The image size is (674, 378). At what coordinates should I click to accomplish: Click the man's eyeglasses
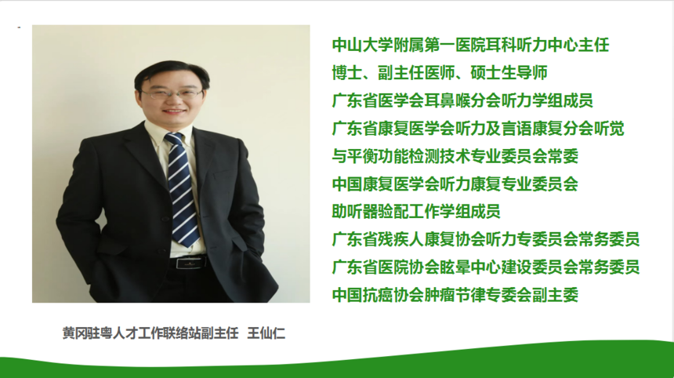click(x=171, y=93)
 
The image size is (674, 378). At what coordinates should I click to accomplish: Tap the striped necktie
click(x=182, y=189)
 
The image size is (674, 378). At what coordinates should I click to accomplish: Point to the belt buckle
click(x=189, y=263)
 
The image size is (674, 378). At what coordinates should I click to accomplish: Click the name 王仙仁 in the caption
click(x=266, y=333)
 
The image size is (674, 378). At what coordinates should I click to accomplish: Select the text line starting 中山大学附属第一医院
click(x=471, y=45)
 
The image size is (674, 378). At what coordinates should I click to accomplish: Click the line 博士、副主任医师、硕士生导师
click(x=440, y=73)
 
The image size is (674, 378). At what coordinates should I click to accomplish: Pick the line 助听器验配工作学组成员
click(x=416, y=212)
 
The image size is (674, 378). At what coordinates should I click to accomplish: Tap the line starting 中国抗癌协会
click(x=455, y=295)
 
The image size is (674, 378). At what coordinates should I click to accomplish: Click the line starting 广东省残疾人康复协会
click(x=486, y=239)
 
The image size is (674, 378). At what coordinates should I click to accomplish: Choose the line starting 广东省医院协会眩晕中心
click(x=486, y=267)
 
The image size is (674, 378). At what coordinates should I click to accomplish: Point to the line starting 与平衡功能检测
click(x=455, y=156)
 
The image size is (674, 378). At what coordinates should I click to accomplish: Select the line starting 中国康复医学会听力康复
click(x=455, y=184)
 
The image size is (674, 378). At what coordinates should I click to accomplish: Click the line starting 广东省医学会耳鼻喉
click(x=462, y=100)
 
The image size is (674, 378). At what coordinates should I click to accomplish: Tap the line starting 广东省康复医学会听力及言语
click(x=478, y=129)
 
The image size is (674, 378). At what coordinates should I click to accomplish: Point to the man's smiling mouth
click(x=173, y=112)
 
